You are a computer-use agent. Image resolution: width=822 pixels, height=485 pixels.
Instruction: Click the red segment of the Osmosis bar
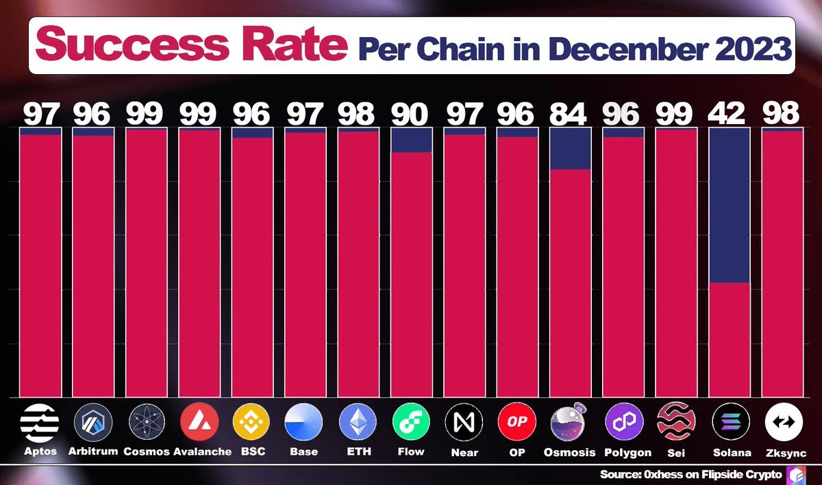coord(570,281)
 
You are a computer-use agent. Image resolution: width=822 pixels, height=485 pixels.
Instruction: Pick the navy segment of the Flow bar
coord(411,140)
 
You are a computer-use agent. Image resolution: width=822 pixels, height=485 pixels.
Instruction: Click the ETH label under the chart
coord(358,452)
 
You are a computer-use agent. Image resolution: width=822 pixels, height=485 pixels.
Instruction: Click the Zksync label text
coord(784,452)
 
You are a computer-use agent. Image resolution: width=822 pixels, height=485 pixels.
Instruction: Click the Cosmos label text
coord(145,452)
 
